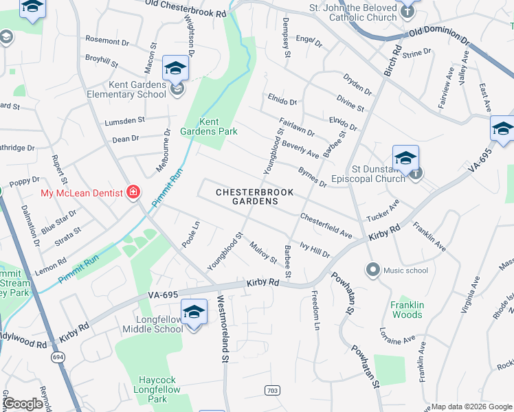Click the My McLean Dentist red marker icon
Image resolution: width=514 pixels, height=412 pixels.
[133, 193]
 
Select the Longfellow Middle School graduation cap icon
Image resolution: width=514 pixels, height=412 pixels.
[194, 313]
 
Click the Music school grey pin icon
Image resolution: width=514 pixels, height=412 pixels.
[372, 269]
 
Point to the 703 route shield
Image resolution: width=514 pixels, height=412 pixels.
[273, 390]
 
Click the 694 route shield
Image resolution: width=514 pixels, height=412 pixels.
[56, 357]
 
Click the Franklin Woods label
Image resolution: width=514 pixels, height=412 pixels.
[407, 310]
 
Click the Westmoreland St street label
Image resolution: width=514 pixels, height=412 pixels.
[223, 328]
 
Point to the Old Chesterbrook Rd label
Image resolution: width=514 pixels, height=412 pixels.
[185, 8]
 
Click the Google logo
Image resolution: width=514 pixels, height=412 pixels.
[23, 404]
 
